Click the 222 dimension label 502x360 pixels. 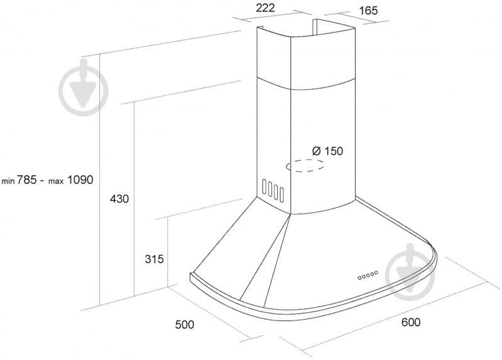(x=265, y=8)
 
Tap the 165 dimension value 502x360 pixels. (x=368, y=10)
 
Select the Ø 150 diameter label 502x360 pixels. (x=327, y=151)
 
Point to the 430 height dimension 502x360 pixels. (x=119, y=199)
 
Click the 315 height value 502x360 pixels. (x=154, y=258)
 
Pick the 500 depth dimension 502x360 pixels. (x=185, y=324)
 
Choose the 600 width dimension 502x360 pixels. (x=410, y=322)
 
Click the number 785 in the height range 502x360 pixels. (x=26, y=179)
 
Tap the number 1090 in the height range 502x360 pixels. (x=80, y=179)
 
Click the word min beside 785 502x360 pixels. (x=8, y=182)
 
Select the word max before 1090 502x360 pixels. (x=56, y=182)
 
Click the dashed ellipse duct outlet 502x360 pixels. (x=305, y=166)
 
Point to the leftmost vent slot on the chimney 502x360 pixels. (x=264, y=187)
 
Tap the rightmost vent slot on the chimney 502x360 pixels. (x=281, y=194)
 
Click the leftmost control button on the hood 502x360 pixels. (x=360, y=277)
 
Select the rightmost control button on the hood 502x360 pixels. (x=376, y=273)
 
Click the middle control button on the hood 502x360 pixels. (x=368, y=275)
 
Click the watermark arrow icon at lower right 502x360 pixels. (x=410, y=272)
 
